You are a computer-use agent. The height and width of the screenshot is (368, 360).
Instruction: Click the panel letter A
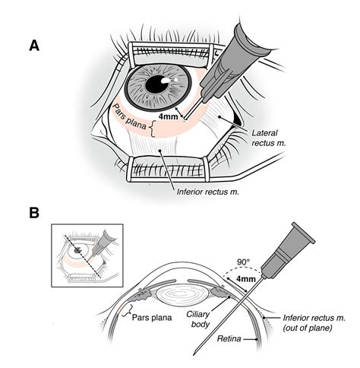click(34, 45)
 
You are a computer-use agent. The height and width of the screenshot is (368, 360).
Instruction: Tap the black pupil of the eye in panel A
click(158, 84)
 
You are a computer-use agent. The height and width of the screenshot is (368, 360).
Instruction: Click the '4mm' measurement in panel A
click(169, 118)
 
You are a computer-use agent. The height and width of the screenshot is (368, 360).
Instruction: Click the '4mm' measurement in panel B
click(247, 280)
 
